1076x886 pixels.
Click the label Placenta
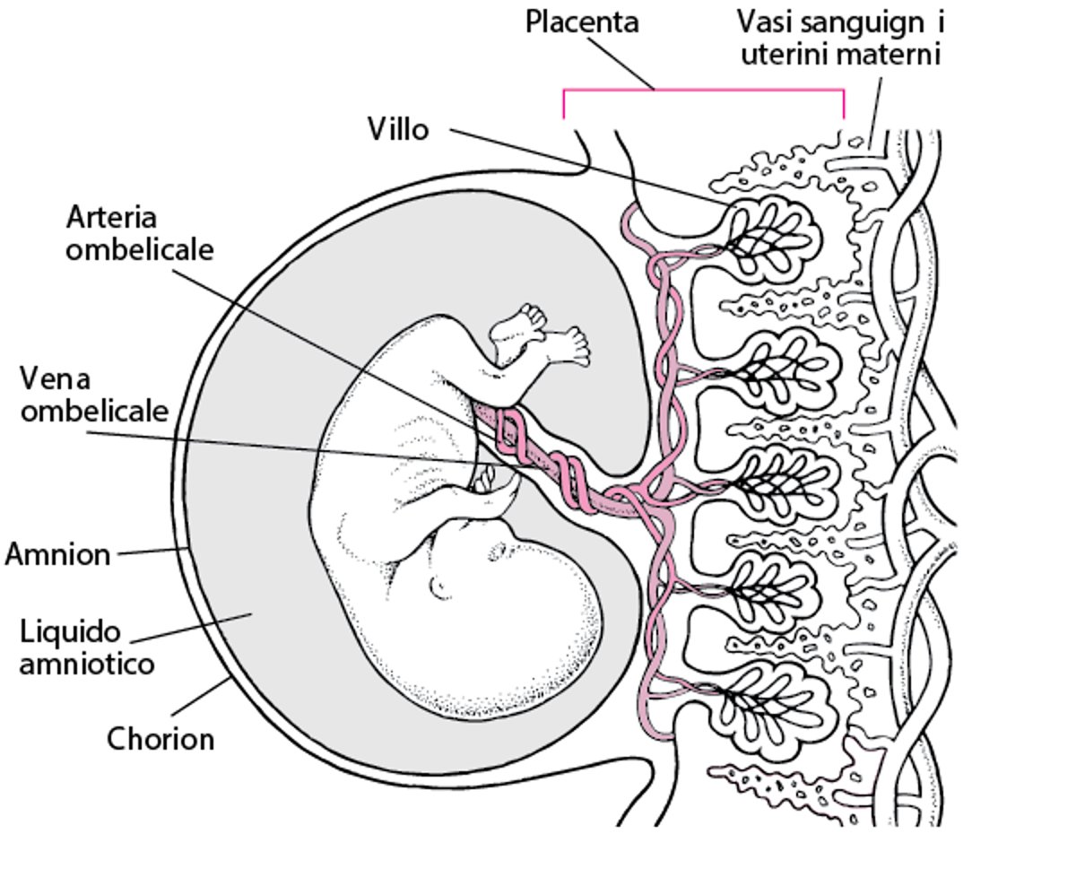click(581, 21)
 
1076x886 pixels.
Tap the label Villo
click(398, 130)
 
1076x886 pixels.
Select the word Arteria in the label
click(111, 218)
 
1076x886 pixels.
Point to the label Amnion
click(57, 554)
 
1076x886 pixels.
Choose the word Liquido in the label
click(70, 632)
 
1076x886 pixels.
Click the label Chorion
click(161, 740)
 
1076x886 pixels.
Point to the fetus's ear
click(440, 587)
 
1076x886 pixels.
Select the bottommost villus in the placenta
click(773, 708)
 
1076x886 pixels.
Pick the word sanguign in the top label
click(858, 21)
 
